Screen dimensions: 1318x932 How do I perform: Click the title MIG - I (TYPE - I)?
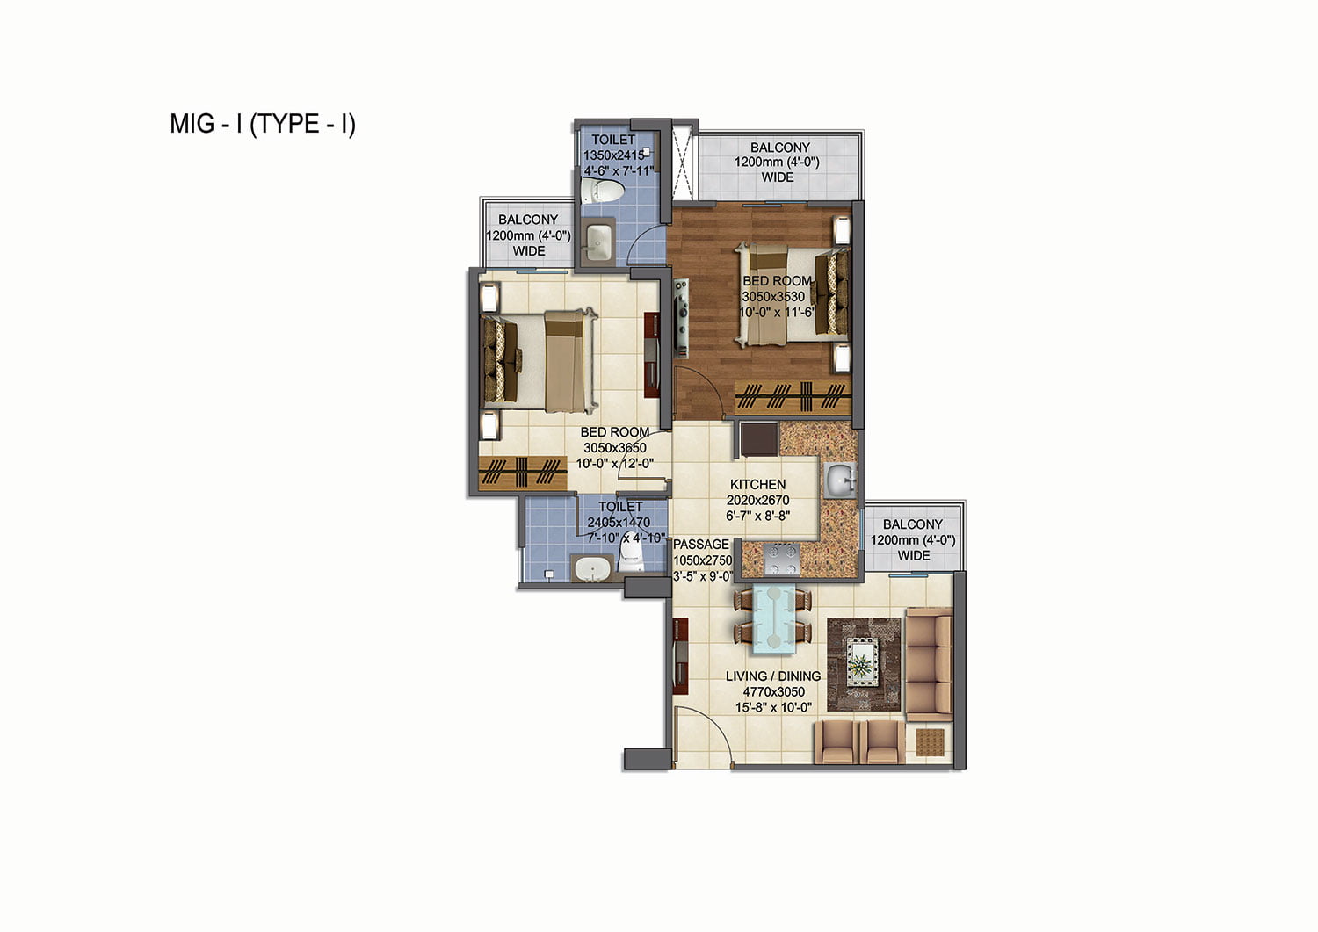click(263, 124)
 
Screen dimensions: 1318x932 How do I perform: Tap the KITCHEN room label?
click(757, 484)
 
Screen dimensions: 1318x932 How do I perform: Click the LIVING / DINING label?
click(772, 676)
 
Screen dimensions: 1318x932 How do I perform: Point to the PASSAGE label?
click(701, 545)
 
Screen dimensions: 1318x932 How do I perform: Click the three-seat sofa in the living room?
click(929, 665)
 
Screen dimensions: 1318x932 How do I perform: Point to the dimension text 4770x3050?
click(773, 692)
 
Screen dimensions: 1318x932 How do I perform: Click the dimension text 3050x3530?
click(772, 297)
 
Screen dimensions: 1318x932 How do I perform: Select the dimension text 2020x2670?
click(757, 500)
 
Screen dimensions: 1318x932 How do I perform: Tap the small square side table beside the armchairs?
click(931, 742)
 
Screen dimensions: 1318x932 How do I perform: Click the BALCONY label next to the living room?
click(913, 524)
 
